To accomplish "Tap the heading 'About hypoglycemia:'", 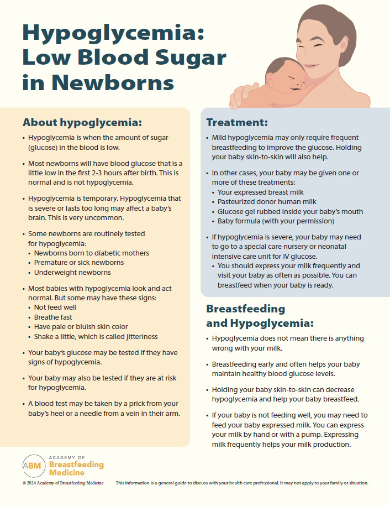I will [x=82, y=122].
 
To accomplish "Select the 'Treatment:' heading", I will [x=237, y=122].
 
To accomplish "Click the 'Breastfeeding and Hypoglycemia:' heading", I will [x=260, y=316].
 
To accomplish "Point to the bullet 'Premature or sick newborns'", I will [x=78, y=263].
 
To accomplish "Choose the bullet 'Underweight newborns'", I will [x=72, y=273].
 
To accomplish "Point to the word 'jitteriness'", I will [x=139, y=337].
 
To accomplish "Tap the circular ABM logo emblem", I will [x=33, y=466].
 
